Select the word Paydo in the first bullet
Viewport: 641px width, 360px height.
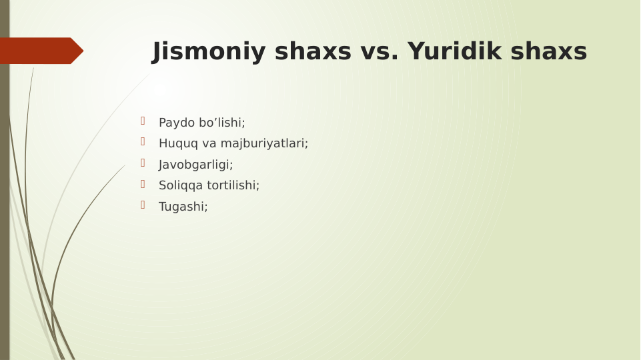click(177, 123)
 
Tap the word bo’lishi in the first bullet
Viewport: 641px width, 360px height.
click(221, 123)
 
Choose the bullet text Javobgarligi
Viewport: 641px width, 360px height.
click(195, 165)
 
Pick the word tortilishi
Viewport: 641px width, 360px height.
click(233, 185)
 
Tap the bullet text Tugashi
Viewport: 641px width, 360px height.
click(183, 207)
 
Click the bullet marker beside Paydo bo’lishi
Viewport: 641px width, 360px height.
click(143, 121)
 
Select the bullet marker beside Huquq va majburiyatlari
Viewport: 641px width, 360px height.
click(143, 141)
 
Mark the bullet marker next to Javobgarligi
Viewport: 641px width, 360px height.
click(143, 163)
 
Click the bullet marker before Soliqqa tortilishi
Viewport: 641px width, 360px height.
click(143, 183)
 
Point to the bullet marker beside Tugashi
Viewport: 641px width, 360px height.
click(143, 205)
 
